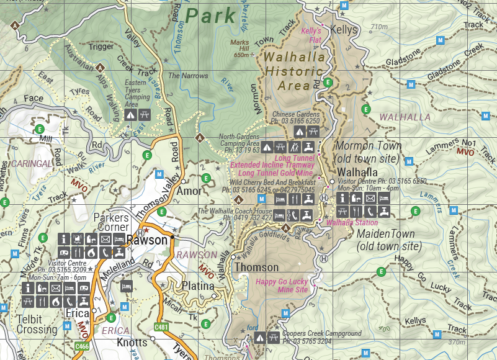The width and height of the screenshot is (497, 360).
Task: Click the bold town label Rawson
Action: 147,240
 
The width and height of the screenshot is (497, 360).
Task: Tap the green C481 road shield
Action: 162,326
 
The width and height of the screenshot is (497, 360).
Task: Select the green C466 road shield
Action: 82,346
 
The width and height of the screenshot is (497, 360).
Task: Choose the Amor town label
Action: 189,191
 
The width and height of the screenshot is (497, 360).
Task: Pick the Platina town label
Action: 198,286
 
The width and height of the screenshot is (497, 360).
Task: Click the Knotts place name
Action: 132,343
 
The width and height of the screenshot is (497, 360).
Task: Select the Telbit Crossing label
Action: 35,325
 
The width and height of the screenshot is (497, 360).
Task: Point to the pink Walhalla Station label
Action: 352,222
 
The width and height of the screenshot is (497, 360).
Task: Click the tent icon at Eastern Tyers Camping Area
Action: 131,114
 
